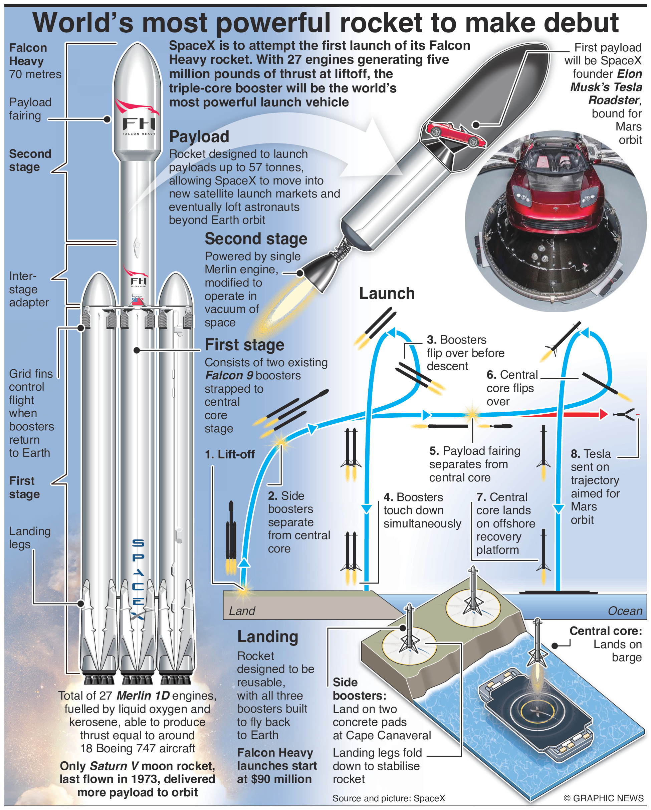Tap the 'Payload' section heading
click(199, 136)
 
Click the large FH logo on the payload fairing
click(138, 124)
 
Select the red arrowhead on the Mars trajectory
click(604, 414)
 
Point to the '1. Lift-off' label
click(230, 455)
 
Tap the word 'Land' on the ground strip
click(242, 611)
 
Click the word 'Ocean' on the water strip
click(625, 611)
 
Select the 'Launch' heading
click(387, 294)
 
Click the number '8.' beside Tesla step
click(575, 454)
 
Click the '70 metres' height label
click(35, 74)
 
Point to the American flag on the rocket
click(138, 300)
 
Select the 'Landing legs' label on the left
click(29, 538)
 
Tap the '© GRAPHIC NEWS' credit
click(603, 798)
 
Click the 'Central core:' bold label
click(606, 631)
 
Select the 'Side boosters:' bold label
click(359, 689)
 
